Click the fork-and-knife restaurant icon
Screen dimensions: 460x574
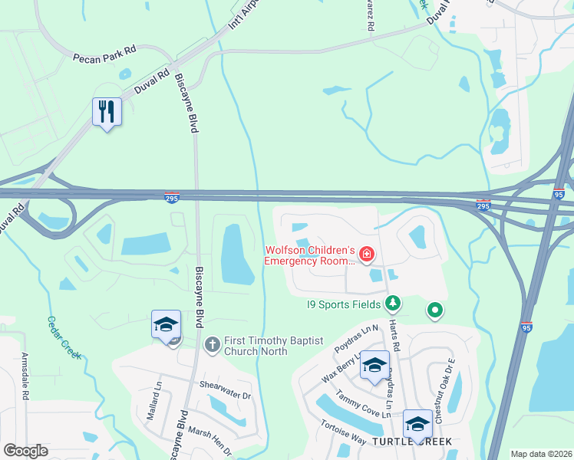click(107, 112)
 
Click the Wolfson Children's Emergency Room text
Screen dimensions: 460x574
click(310, 255)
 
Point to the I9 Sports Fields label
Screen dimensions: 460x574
click(343, 304)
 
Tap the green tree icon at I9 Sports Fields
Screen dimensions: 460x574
click(393, 304)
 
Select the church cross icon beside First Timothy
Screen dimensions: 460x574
click(213, 344)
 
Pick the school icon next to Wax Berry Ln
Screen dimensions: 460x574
click(374, 365)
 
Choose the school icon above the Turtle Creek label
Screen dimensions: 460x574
click(417, 422)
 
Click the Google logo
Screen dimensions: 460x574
click(26, 451)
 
